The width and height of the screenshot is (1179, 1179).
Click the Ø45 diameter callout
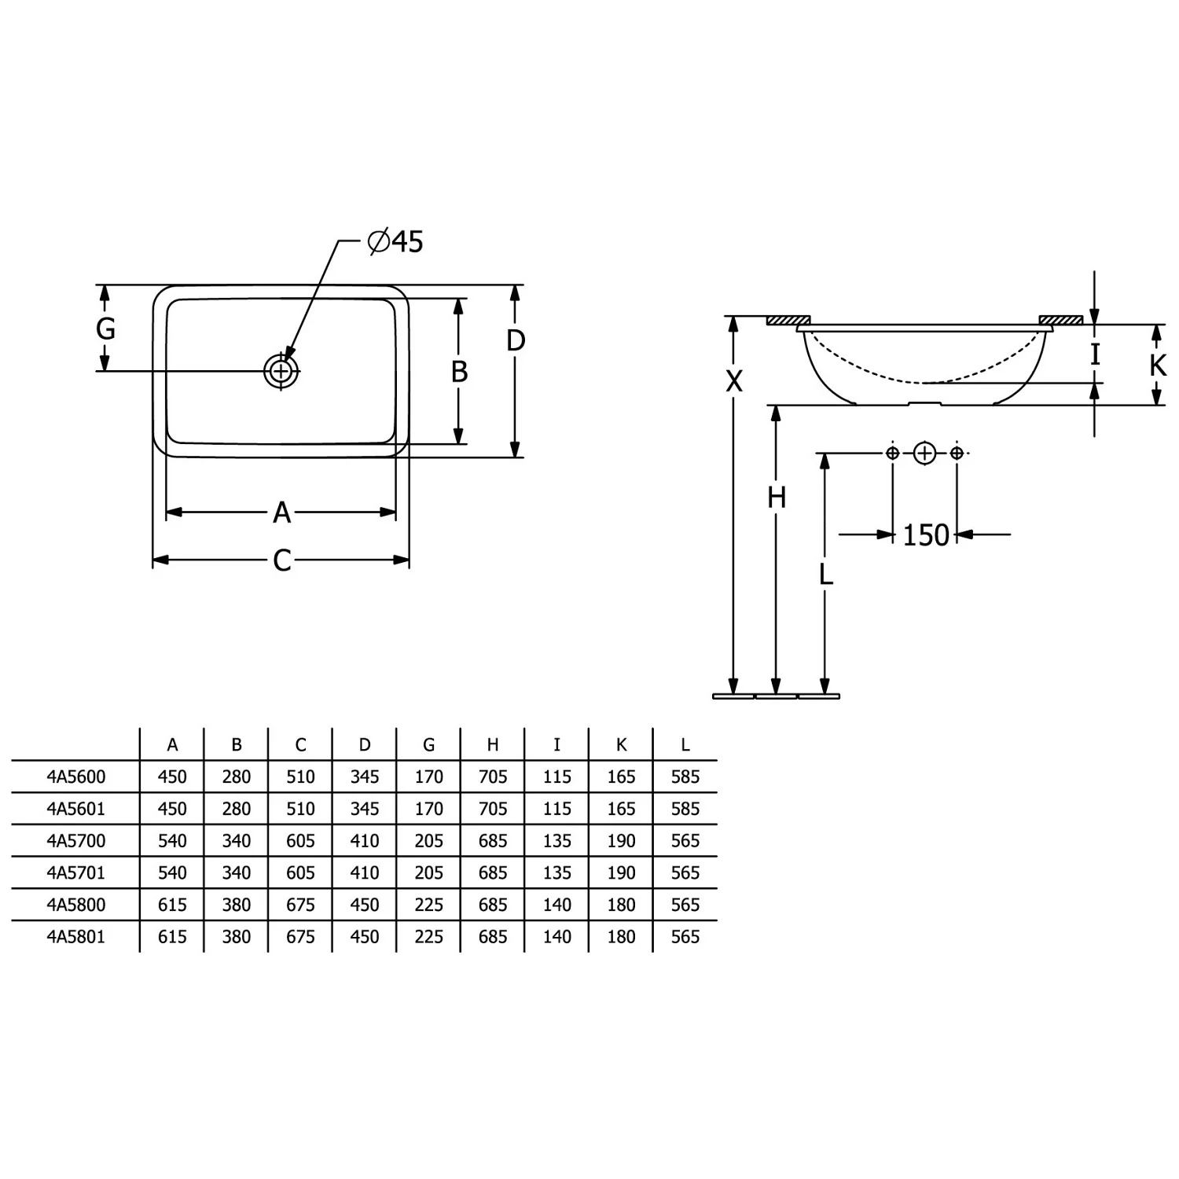coord(395,241)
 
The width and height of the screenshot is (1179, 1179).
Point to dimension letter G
coord(105,328)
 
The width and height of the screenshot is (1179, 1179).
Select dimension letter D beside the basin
coord(516,340)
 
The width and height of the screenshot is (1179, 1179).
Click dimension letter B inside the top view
coord(460,371)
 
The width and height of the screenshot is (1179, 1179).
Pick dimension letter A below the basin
coord(282,512)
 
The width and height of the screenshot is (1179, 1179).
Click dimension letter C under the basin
coord(282,560)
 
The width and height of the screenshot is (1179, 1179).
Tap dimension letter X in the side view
coord(733,381)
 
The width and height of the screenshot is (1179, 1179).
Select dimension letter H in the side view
coord(777,498)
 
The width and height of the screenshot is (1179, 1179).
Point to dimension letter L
coord(825,575)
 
